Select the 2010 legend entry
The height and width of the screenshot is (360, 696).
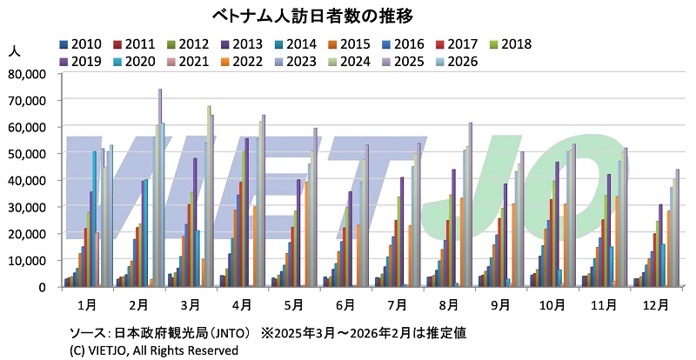[84, 44]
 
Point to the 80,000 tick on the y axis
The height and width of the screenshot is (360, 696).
[31, 74]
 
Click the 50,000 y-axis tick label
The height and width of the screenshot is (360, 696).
[31, 154]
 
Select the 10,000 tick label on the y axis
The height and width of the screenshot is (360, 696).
[31, 260]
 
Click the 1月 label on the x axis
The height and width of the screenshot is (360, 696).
[88, 305]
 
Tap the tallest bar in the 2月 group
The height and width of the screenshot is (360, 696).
[159, 187]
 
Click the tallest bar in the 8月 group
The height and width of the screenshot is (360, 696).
[470, 204]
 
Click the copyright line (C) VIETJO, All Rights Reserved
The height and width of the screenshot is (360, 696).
[153, 350]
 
